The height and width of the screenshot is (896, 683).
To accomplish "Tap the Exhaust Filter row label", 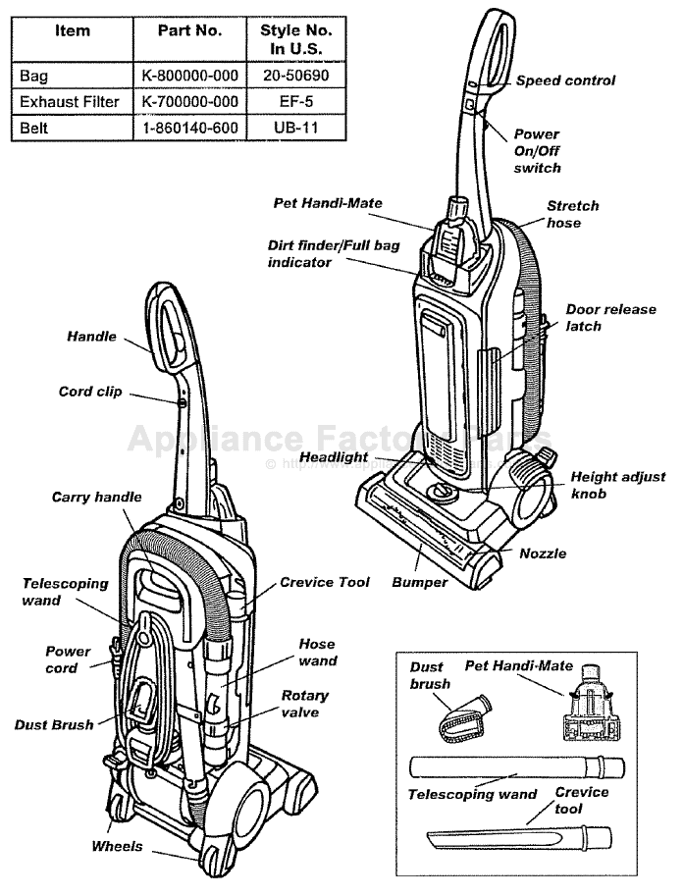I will tap(70, 102).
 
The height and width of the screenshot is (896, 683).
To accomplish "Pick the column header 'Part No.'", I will tap(190, 30).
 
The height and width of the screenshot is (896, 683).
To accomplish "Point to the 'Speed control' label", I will tap(566, 80).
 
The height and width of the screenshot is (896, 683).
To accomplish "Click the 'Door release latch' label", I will tap(610, 317).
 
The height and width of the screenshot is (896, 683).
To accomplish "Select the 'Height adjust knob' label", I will tap(617, 485).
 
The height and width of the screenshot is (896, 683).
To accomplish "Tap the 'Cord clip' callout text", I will tap(90, 392).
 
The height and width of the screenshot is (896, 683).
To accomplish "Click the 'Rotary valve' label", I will tap(305, 704).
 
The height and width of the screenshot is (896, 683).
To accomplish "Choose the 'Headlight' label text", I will tap(334, 457).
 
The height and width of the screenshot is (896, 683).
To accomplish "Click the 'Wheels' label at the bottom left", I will tap(117, 846).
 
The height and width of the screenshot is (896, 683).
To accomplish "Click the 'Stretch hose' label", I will tap(572, 215).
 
